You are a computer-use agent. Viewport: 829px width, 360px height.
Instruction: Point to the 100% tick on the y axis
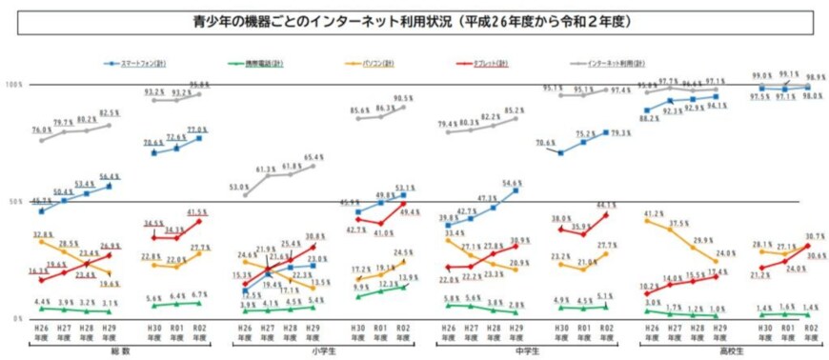point(13,85)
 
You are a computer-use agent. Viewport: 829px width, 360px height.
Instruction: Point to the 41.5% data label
point(197,212)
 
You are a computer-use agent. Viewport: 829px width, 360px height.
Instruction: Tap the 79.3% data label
point(619,133)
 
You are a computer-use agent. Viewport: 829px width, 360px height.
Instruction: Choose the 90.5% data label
point(403,99)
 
